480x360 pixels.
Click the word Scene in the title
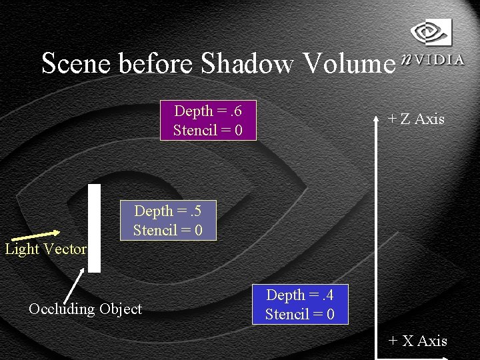[x=77, y=63]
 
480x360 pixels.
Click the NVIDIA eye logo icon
[x=431, y=31]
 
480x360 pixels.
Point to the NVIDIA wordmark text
[x=433, y=59]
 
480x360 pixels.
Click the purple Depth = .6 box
[x=208, y=121]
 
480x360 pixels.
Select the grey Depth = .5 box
[x=167, y=221]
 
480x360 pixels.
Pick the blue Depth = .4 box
[x=300, y=305]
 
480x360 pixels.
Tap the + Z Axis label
[x=416, y=119]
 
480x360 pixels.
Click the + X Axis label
[x=417, y=341]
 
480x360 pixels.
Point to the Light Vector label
[x=45, y=249]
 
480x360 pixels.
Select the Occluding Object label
[x=85, y=309]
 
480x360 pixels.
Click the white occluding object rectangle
[x=95, y=228]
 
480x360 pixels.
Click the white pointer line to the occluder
[x=74, y=286]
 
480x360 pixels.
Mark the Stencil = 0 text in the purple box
[x=208, y=130]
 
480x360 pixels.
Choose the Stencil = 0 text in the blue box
[x=300, y=314]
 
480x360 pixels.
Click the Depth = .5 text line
[x=167, y=211]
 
